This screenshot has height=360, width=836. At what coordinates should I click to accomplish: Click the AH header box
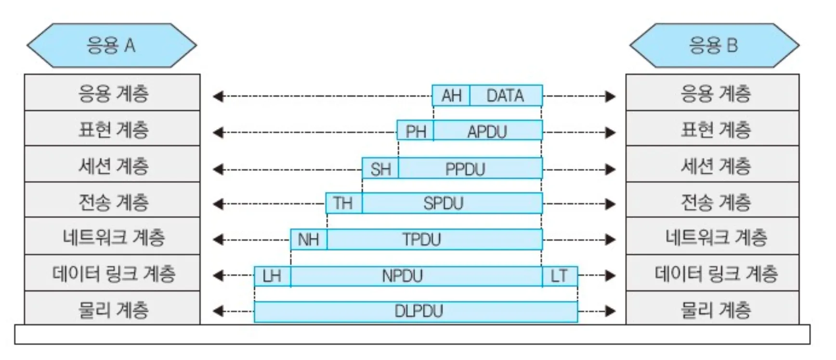tap(451, 96)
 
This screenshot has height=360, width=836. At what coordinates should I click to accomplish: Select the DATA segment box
tap(506, 96)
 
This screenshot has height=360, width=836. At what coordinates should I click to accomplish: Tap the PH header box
tap(416, 131)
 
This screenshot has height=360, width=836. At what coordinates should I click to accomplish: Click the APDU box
tap(487, 131)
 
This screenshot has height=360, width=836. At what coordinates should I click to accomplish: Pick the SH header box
tap(380, 169)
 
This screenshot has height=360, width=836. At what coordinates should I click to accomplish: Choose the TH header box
tap(344, 203)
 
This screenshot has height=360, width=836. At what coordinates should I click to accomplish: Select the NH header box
tap(309, 239)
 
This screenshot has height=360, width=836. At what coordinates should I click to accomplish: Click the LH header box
tap(273, 276)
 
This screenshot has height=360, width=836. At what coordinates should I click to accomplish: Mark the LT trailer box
tap(560, 276)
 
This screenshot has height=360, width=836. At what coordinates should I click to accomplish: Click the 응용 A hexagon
tap(111, 46)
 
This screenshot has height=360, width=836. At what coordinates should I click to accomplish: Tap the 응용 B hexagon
tap(714, 46)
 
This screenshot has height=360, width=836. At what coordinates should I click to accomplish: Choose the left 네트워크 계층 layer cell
tap(112, 237)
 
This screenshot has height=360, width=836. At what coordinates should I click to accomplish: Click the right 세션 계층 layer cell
tap(713, 165)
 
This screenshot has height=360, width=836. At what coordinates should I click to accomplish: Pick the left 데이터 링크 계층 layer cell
tap(112, 273)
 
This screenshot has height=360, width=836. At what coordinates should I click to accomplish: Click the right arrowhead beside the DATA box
tap(611, 96)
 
